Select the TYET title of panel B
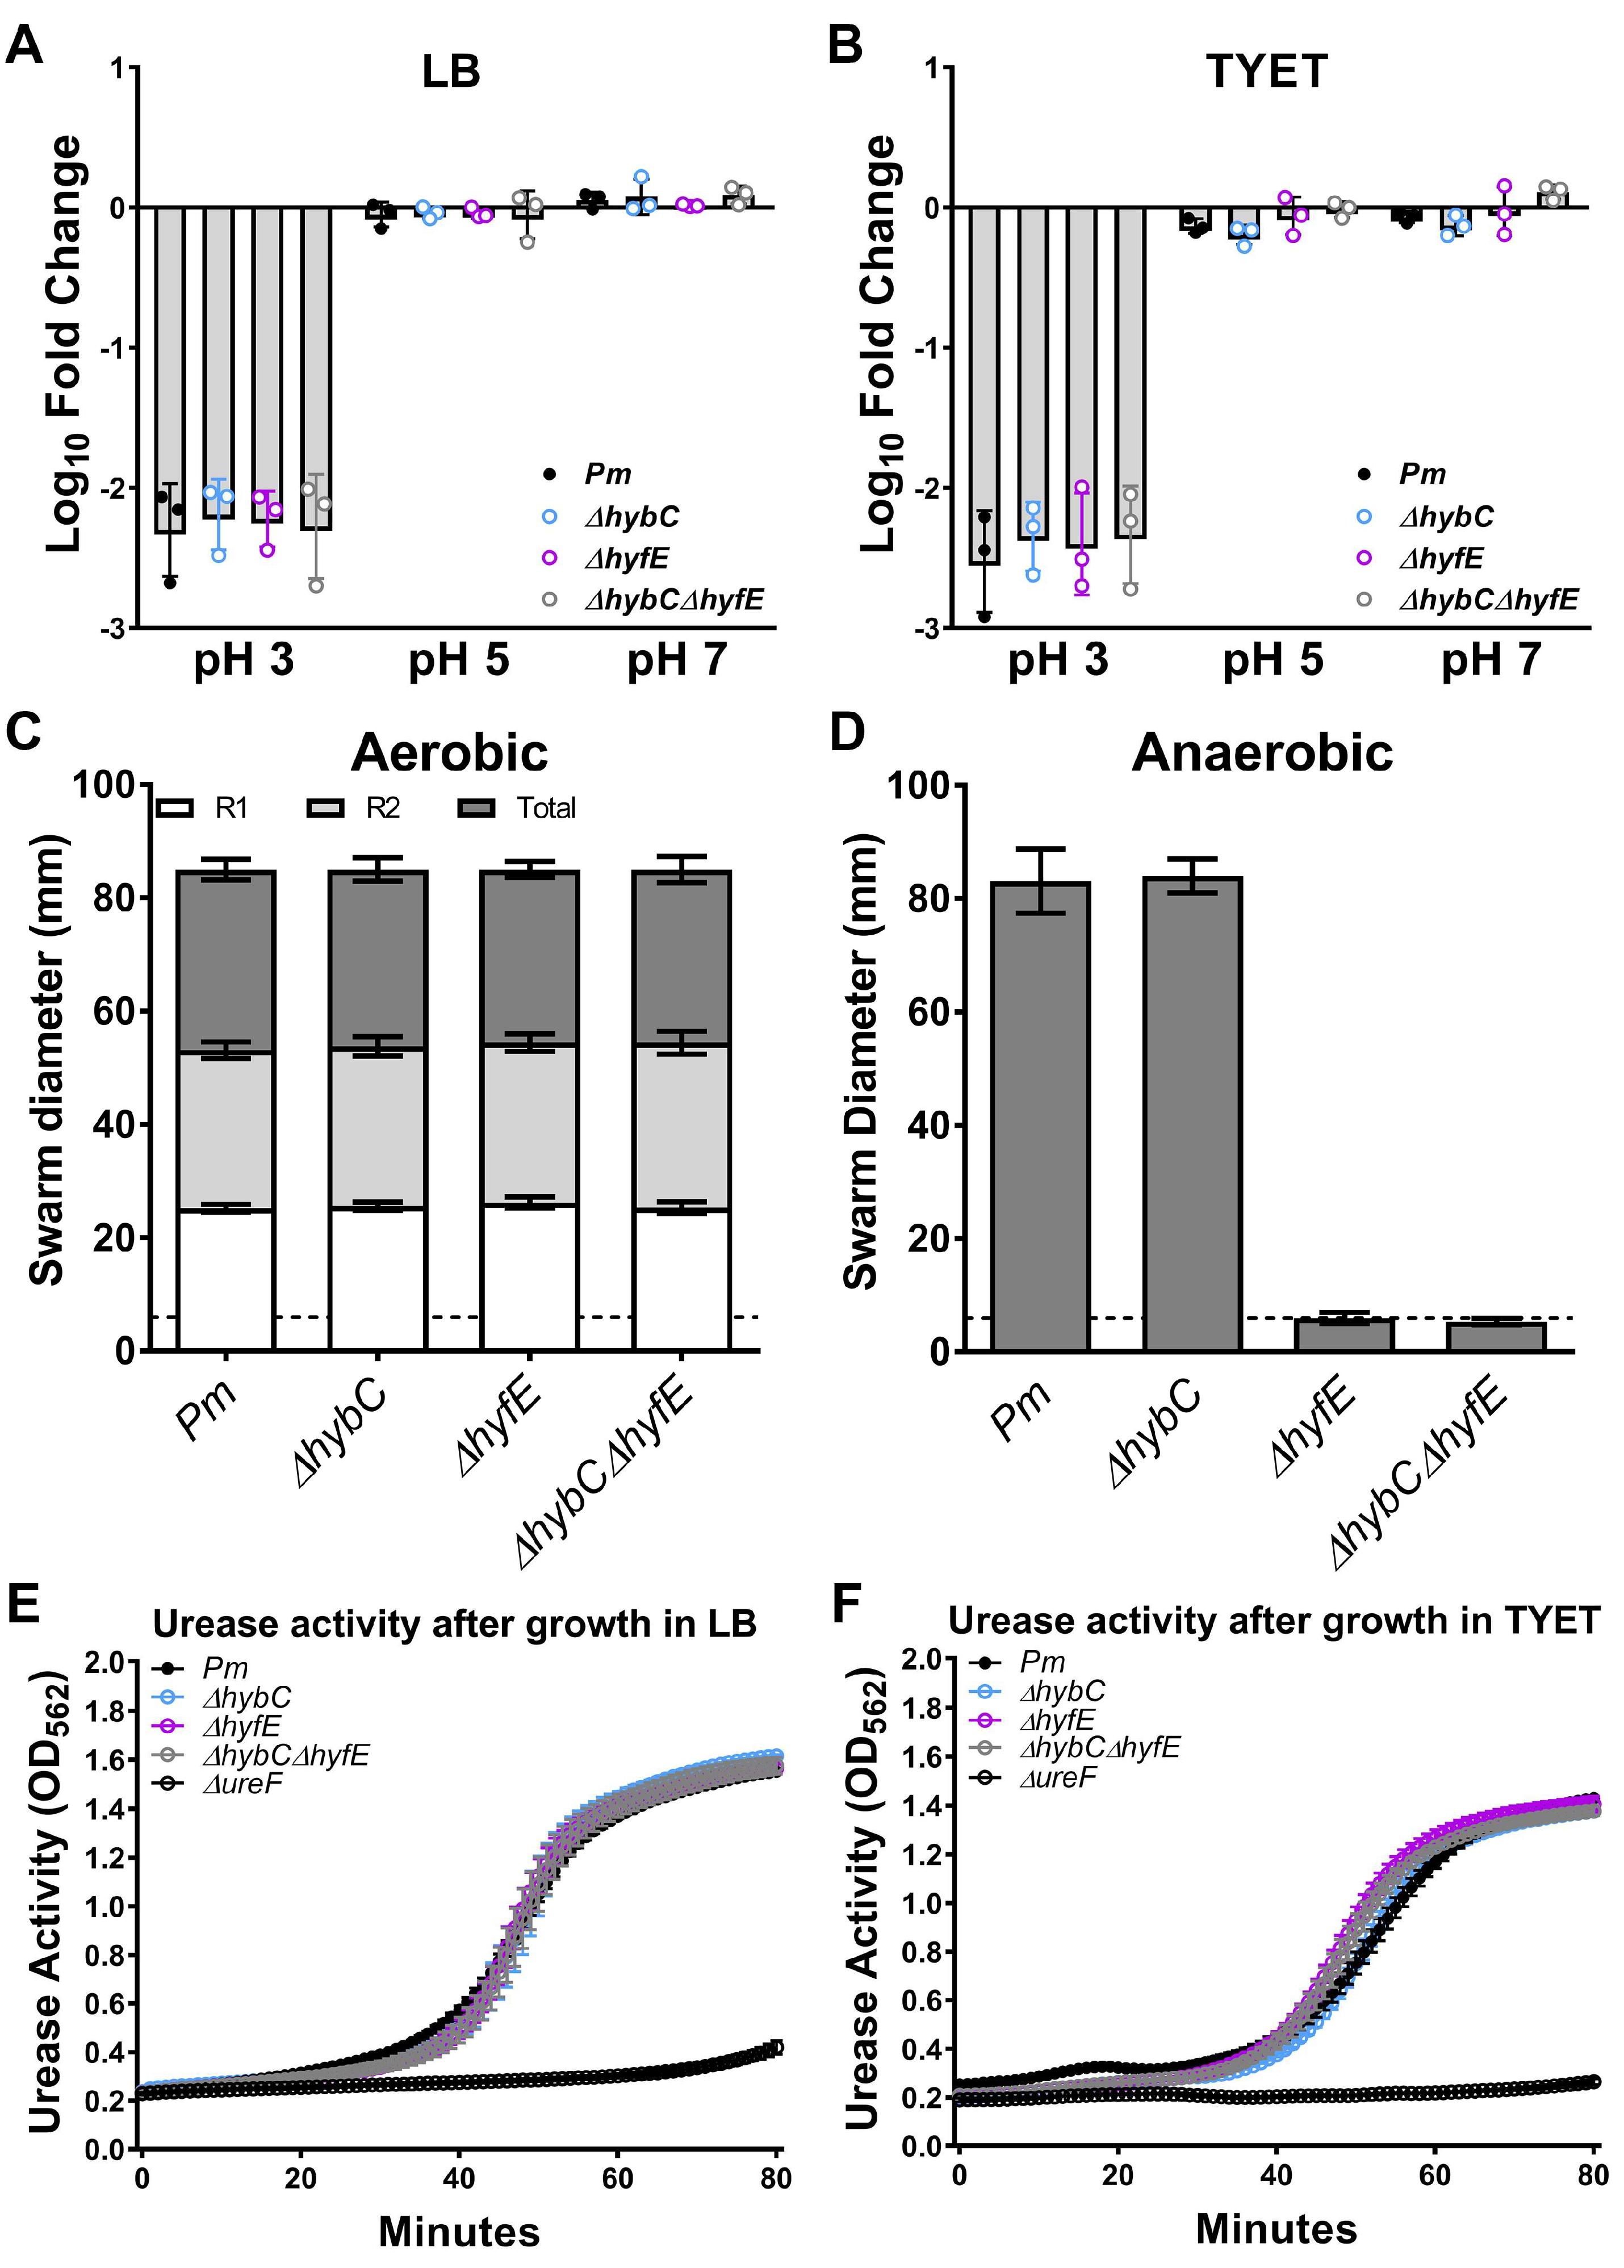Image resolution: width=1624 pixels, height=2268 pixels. click(1266, 72)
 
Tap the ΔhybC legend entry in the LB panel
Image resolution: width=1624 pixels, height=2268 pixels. click(630, 517)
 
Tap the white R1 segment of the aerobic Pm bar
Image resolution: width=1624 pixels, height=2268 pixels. click(226, 1280)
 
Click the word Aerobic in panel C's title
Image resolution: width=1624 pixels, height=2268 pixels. click(449, 752)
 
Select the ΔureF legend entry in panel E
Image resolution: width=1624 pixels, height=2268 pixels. click(242, 1783)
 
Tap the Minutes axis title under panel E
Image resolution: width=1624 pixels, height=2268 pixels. click(459, 2231)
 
